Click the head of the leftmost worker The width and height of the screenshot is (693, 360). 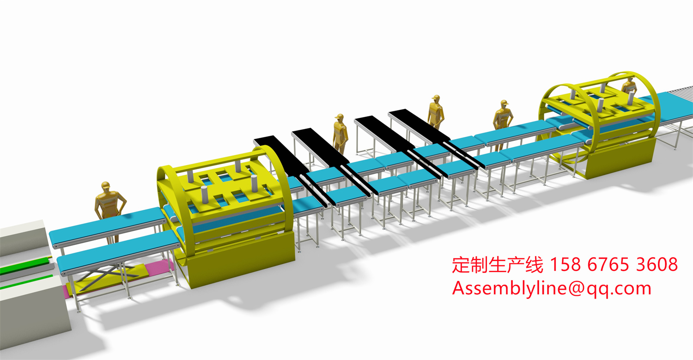tap(106, 186)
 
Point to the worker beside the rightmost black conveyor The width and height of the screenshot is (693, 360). tap(436, 112)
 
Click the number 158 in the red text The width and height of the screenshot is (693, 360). tap(565, 264)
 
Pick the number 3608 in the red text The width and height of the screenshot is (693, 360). tap(657, 264)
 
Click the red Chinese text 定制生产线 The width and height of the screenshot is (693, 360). tap(498, 265)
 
